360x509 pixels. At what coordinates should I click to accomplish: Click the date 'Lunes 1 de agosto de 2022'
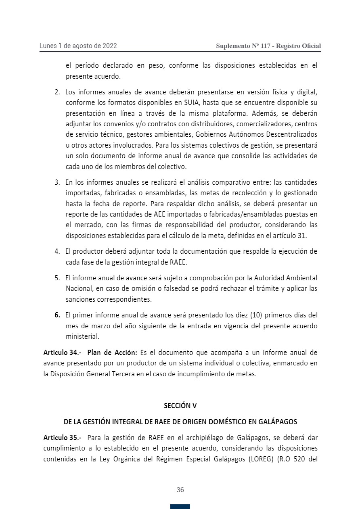(78, 46)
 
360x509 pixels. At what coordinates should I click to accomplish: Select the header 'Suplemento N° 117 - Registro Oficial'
(268, 46)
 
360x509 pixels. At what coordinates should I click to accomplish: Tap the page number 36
(180, 490)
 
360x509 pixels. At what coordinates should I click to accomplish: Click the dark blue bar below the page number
(180, 506)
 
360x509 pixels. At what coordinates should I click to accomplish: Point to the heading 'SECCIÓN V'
(180, 406)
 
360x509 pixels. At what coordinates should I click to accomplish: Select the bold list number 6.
(57, 315)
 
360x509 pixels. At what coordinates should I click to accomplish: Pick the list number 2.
(57, 92)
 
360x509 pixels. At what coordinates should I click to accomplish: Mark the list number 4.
(57, 252)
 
